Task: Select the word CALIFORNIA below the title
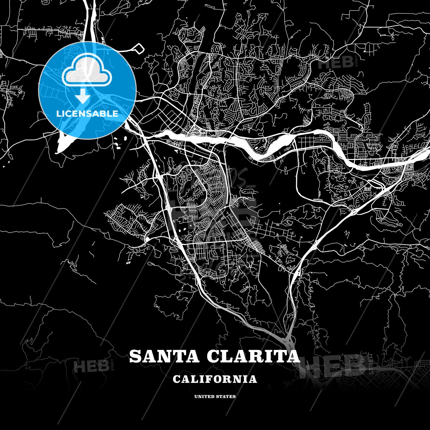pyautogui.click(x=215, y=379)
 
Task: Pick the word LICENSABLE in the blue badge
pyautogui.click(x=87, y=114)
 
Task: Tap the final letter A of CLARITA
pyautogui.click(x=293, y=356)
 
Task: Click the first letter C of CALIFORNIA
pyautogui.click(x=176, y=379)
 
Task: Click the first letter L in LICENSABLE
pyautogui.click(x=59, y=114)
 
